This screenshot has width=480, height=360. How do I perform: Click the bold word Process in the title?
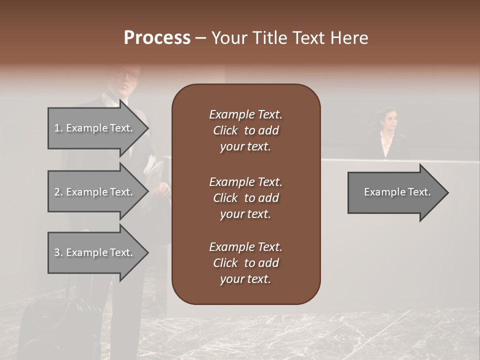click(157, 38)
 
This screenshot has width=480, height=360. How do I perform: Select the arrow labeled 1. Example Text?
click(95, 128)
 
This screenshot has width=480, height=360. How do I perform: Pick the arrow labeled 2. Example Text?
click(95, 192)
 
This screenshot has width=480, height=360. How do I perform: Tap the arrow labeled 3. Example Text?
click(95, 252)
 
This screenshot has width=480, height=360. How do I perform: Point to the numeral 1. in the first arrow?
click(58, 128)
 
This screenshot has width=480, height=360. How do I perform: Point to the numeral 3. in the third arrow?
click(58, 252)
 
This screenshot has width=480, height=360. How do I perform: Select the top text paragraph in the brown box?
click(245, 130)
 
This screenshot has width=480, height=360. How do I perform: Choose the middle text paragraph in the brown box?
click(245, 198)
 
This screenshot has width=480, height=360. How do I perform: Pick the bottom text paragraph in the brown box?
click(245, 263)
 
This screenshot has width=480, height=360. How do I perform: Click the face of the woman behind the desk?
click(389, 120)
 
